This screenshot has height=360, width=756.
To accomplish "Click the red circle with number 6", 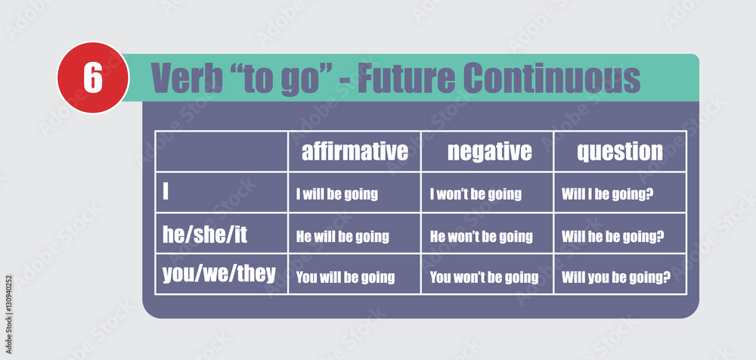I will (x=92, y=78).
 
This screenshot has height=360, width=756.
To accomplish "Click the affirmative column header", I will (x=355, y=151).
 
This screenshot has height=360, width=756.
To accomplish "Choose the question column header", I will (x=620, y=151).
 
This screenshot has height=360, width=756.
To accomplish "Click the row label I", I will (x=166, y=192).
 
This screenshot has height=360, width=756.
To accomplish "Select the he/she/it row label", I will (x=205, y=234).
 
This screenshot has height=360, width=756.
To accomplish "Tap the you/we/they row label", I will (x=219, y=274).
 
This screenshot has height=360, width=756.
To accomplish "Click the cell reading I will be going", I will (x=336, y=194).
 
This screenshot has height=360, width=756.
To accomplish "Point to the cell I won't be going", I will (x=476, y=194).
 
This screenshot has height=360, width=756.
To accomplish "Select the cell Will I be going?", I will (x=608, y=194).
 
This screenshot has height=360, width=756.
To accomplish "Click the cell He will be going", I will (x=342, y=236).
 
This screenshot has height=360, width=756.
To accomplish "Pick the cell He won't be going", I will (x=481, y=236).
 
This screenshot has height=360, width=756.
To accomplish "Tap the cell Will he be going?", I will (x=613, y=236).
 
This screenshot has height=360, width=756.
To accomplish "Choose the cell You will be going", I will (x=345, y=277).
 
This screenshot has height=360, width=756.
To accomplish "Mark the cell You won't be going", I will (x=484, y=277).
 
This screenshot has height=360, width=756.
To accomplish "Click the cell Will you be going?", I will (x=616, y=277).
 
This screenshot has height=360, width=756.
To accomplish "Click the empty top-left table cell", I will (x=222, y=151).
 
